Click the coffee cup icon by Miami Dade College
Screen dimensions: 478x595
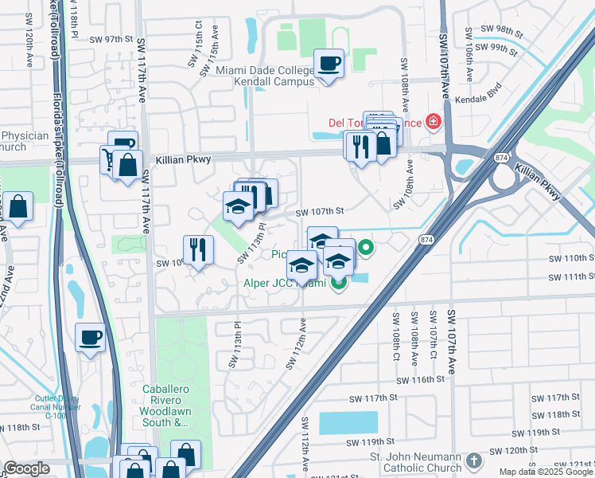pyautogui.click(x=329, y=64)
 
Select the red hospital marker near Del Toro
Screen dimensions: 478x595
pyautogui.click(x=433, y=122)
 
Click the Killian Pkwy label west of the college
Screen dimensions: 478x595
pyautogui.click(x=189, y=159)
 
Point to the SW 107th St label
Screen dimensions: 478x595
pyautogui.click(x=319, y=212)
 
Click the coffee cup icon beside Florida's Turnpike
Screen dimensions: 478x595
pyautogui.click(x=91, y=336)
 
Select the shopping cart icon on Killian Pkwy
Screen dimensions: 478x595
pyautogui.click(x=107, y=158)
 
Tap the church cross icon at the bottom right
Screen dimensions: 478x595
pyautogui.click(x=473, y=461)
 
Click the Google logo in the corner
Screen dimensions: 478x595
pyautogui.click(x=26, y=468)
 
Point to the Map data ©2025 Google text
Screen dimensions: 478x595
pyautogui.click(x=546, y=472)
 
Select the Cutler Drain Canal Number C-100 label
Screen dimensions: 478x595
pyautogui.click(x=56, y=406)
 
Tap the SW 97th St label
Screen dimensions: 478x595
pyautogui.click(x=110, y=39)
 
